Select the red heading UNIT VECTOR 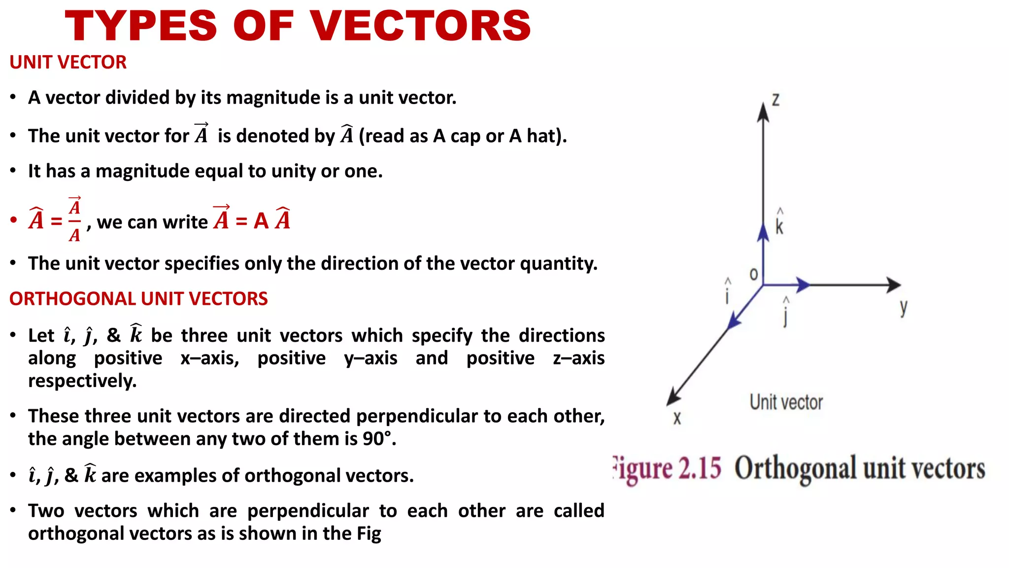point(68,63)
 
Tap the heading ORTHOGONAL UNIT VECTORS point(138,299)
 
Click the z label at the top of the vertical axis point(775,100)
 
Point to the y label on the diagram point(903,308)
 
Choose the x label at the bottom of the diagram point(677,419)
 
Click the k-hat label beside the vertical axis point(779,223)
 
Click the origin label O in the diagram point(753,274)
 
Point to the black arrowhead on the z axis point(763,112)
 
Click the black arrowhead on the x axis point(673,396)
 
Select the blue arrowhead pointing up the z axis point(763,232)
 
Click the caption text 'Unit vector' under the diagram point(786,402)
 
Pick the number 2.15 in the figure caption point(700,468)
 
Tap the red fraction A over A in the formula point(74,220)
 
